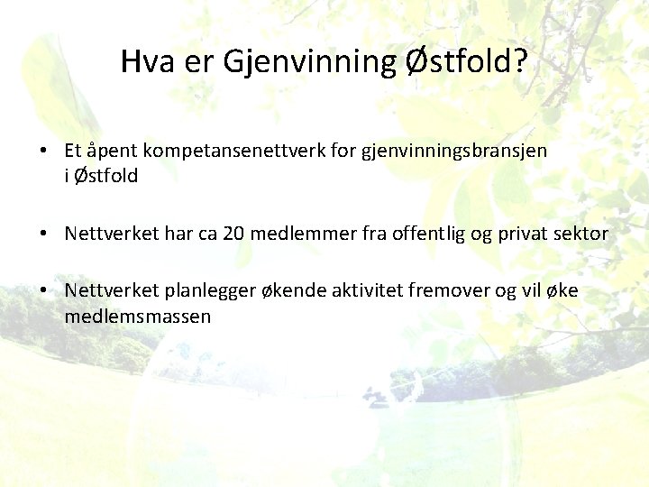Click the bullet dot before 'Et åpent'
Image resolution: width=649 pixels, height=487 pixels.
tap(43, 151)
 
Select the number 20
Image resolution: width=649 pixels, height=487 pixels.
tap(233, 234)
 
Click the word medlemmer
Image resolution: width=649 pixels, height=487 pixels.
tap(297, 234)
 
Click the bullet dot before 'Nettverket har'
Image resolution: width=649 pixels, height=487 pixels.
tap(43, 234)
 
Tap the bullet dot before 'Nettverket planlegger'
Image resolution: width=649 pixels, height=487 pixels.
tap(43, 290)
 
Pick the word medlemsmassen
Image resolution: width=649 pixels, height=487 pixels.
tap(138, 316)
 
